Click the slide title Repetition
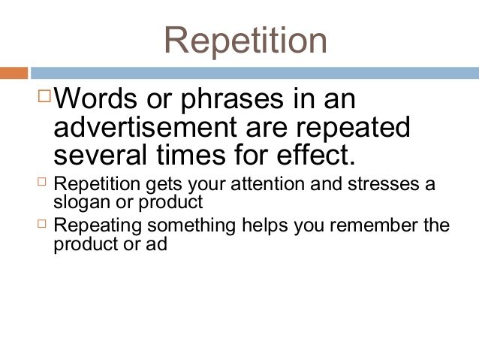[x=246, y=41]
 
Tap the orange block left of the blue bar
[x=14, y=73]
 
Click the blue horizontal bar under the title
[x=255, y=73]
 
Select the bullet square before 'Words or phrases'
[x=44, y=95]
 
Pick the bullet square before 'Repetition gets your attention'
[x=42, y=182]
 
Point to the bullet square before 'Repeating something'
[x=42, y=223]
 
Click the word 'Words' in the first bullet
[x=95, y=98]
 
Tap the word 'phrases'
[x=232, y=101]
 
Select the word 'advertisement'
[x=145, y=126]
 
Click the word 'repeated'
[x=353, y=129]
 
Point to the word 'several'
[x=100, y=155]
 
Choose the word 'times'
[x=191, y=155]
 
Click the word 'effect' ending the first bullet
[x=312, y=155]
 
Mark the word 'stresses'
[x=384, y=184]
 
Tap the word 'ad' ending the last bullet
[x=156, y=244]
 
